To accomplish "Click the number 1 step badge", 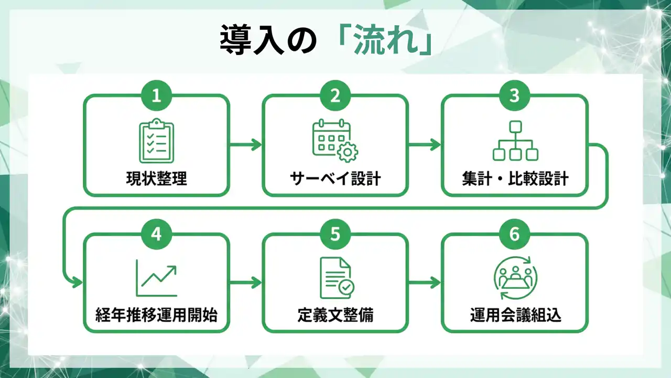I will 156,96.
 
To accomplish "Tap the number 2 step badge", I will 335,96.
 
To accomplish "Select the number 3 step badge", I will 514,96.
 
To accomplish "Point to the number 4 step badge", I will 156,234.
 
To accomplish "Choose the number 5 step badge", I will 335,234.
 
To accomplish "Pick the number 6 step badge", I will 514,234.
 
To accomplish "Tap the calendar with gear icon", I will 335,140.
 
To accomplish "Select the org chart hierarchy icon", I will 515,141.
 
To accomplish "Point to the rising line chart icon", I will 156,278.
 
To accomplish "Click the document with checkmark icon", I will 336,278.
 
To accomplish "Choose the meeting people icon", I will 514,278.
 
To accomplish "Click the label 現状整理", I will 156,178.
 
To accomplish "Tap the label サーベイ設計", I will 335,178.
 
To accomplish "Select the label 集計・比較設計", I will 515,178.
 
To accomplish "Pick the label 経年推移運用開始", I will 156,316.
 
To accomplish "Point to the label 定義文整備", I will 335,316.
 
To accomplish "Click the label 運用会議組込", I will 515,316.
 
